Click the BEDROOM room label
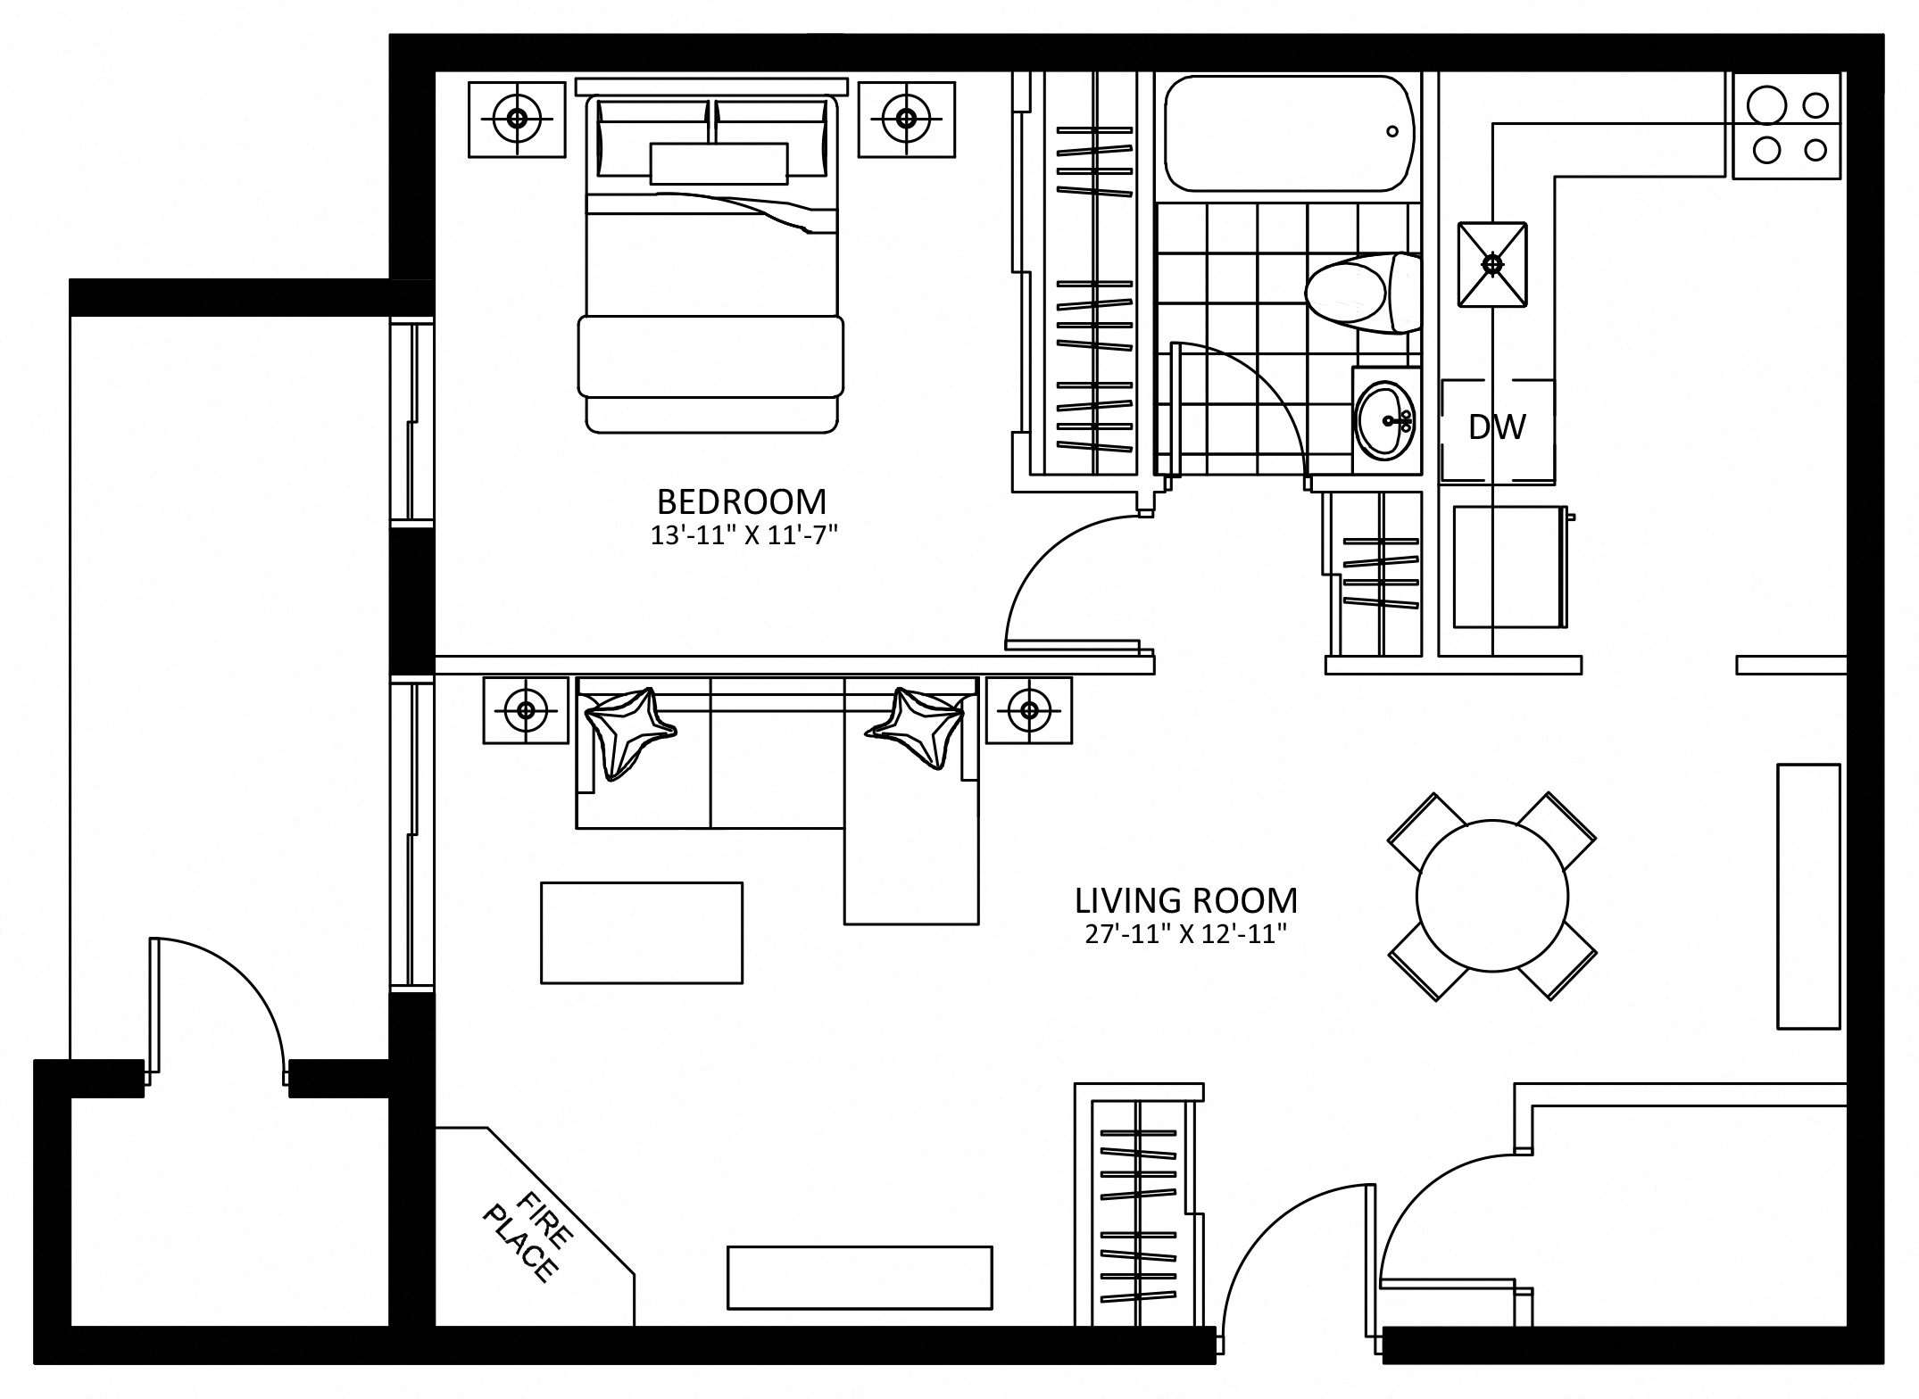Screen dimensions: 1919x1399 click(x=742, y=502)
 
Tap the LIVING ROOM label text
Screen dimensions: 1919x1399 click(x=1186, y=900)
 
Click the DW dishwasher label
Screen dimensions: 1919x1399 click(x=1497, y=427)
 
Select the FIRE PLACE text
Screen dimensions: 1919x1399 click(x=528, y=1237)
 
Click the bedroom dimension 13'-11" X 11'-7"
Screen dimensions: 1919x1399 click(x=744, y=535)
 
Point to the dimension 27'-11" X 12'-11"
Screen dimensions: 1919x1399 click(x=1185, y=934)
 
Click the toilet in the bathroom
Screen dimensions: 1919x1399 click(x=1363, y=293)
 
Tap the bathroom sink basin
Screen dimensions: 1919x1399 click(x=1384, y=420)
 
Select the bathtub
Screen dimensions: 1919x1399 click(x=1290, y=134)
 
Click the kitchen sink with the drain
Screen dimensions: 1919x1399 click(x=1492, y=264)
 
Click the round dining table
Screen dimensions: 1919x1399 click(x=1492, y=896)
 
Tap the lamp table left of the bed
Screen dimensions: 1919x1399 click(x=517, y=119)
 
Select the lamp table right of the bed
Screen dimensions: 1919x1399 click(x=907, y=119)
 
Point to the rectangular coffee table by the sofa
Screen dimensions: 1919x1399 click(x=642, y=933)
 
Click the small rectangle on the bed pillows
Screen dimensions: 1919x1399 click(x=719, y=164)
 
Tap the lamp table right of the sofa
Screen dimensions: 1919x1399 click(x=1029, y=710)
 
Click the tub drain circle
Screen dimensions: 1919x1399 click(x=1392, y=132)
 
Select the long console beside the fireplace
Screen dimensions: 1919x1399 click(x=860, y=1278)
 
